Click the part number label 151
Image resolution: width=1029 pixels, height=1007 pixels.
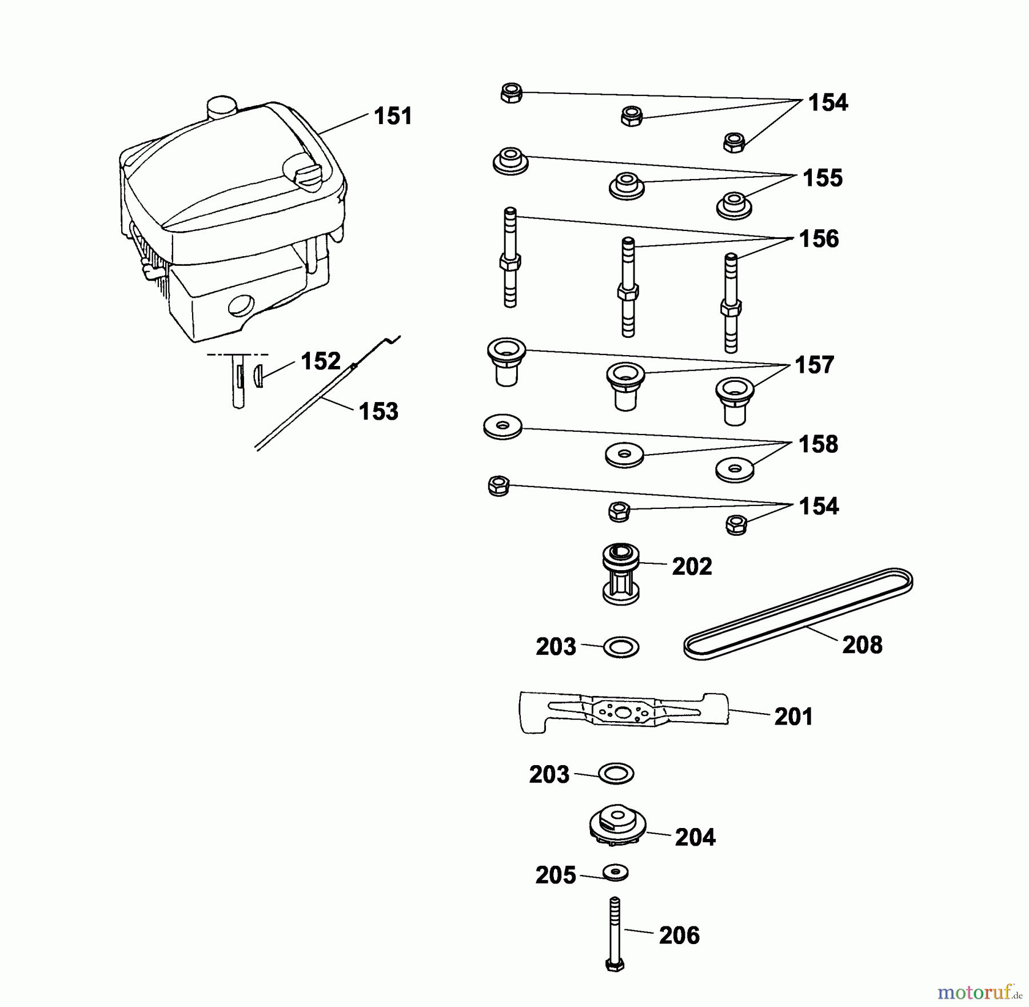393,116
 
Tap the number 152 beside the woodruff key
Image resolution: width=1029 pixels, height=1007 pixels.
321,361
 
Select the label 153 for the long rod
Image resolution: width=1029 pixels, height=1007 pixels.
378,411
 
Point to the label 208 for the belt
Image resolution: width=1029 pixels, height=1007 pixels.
862,645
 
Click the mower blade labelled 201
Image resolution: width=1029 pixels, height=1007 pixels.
624,712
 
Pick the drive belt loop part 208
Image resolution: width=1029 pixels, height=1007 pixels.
798,614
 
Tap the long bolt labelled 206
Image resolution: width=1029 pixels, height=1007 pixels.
615,934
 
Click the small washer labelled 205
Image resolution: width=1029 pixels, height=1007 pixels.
616,873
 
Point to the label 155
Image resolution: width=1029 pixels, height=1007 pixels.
823,178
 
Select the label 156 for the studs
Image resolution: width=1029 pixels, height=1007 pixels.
819,239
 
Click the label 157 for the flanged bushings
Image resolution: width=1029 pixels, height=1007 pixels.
815,365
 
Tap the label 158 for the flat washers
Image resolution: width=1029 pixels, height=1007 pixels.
818,444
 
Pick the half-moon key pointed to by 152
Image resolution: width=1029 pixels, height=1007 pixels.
257,376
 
